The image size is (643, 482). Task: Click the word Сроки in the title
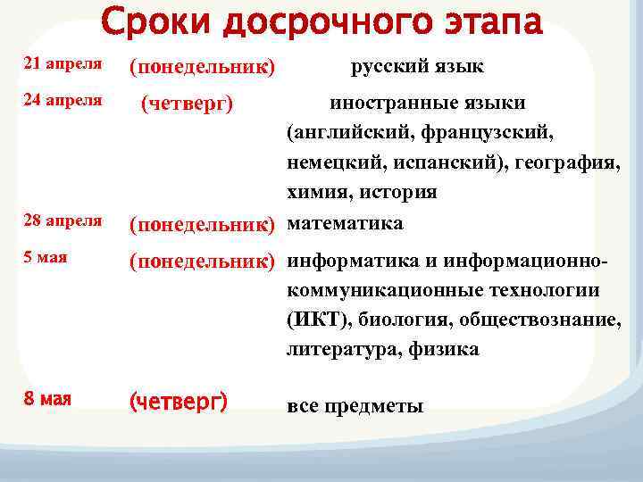(155, 21)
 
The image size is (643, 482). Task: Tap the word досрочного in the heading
(319, 21)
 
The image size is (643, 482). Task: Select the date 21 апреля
(61, 65)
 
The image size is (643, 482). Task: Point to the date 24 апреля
(61, 100)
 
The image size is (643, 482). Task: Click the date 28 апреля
(61, 220)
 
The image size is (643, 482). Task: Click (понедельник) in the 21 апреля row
(202, 68)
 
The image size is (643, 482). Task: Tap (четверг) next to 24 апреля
(188, 104)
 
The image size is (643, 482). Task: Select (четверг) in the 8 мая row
(179, 403)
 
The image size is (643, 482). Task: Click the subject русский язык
(417, 66)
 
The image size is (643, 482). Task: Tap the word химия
(313, 194)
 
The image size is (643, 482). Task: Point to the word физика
(444, 350)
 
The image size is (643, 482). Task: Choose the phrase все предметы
(355, 406)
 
